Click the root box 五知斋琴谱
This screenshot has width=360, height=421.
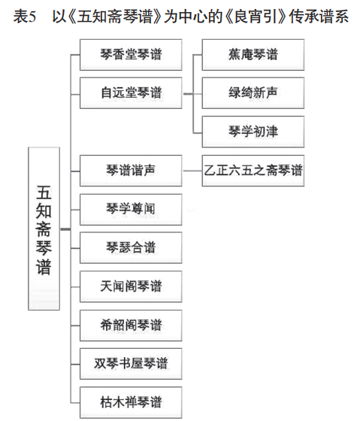(x=44, y=229)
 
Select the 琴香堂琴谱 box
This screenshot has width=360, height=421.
(x=131, y=55)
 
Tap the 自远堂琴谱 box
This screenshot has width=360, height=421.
(x=131, y=93)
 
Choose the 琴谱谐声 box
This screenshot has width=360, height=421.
(x=131, y=171)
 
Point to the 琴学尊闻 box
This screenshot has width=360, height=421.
(x=131, y=210)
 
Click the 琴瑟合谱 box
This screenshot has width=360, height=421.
(x=131, y=248)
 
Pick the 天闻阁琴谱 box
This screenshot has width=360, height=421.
(x=131, y=286)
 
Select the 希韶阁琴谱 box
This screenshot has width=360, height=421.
(x=131, y=326)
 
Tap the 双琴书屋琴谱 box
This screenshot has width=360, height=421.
(x=131, y=364)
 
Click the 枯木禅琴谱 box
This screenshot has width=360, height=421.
(x=131, y=402)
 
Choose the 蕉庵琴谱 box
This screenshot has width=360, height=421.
(x=253, y=55)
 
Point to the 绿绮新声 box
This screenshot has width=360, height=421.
(x=253, y=93)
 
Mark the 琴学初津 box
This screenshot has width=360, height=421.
(x=253, y=132)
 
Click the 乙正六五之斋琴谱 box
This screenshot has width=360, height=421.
(x=253, y=171)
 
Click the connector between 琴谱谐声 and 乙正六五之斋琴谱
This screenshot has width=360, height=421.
(x=192, y=171)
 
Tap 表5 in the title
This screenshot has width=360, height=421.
(x=25, y=17)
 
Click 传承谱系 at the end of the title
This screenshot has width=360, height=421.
(x=319, y=17)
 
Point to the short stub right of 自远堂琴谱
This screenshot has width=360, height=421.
(x=188, y=94)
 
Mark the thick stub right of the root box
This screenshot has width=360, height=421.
(x=66, y=229)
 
